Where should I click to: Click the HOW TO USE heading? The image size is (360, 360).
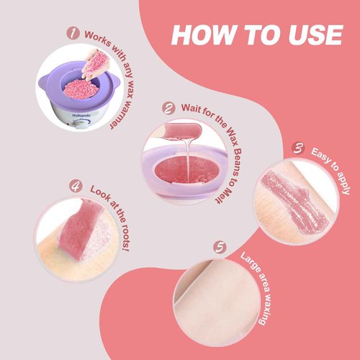(x=256, y=35)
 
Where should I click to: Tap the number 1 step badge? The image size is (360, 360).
(x=72, y=33)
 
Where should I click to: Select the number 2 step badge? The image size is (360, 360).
(x=169, y=109)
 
